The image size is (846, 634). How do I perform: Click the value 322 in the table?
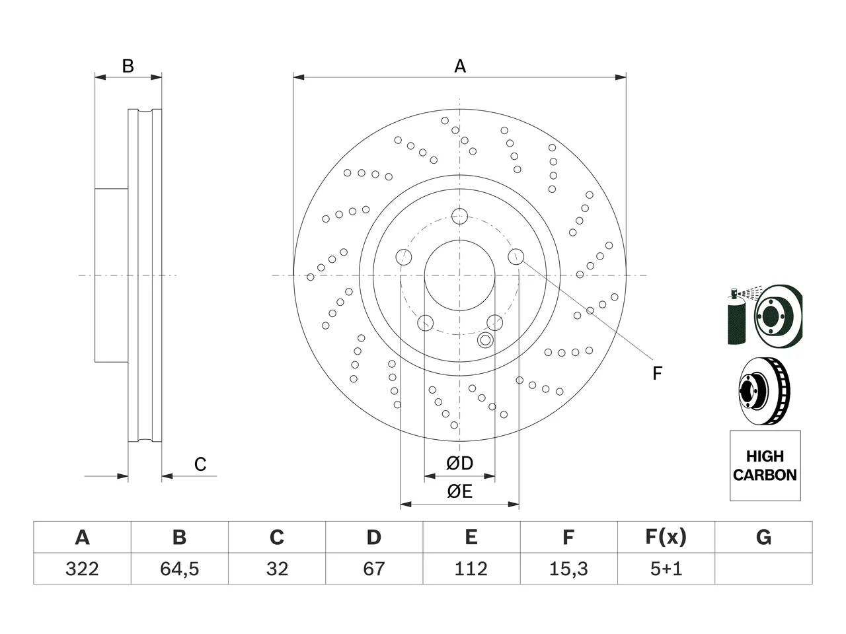[x=82, y=569]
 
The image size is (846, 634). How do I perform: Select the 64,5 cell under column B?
[x=180, y=569]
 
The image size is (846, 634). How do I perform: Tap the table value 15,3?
[x=568, y=569]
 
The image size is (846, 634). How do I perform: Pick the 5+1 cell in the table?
[x=666, y=569]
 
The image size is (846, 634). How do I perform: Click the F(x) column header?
[x=666, y=537]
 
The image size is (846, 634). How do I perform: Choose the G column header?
[x=763, y=537]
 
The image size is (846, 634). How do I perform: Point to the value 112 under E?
[x=471, y=569]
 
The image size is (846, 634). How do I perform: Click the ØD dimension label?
[x=459, y=463]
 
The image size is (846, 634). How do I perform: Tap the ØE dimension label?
[x=459, y=491]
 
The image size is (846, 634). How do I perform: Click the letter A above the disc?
[x=460, y=66]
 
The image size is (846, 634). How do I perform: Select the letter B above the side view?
[x=128, y=66]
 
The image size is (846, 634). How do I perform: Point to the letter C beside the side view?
[x=200, y=464]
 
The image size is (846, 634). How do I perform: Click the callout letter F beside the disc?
[x=657, y=373]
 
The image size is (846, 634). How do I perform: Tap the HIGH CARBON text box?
[x=765, y=466]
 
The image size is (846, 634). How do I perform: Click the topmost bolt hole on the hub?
[x=459, y=217]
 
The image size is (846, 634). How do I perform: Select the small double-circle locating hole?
[x=485, y=340]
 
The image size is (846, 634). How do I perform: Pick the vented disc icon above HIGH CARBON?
[x=764, y=391]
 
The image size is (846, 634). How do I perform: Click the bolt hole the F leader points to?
[x=516, y=256]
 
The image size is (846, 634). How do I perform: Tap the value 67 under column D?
[x=374, y=569]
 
